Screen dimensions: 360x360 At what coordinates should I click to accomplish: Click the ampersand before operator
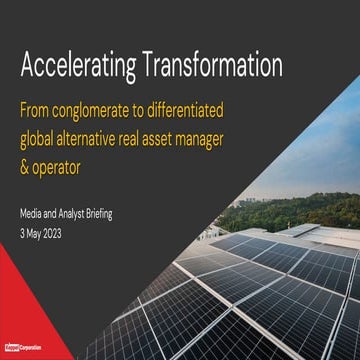coord(26,161)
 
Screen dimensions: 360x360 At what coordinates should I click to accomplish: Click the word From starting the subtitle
coord(40,109)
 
